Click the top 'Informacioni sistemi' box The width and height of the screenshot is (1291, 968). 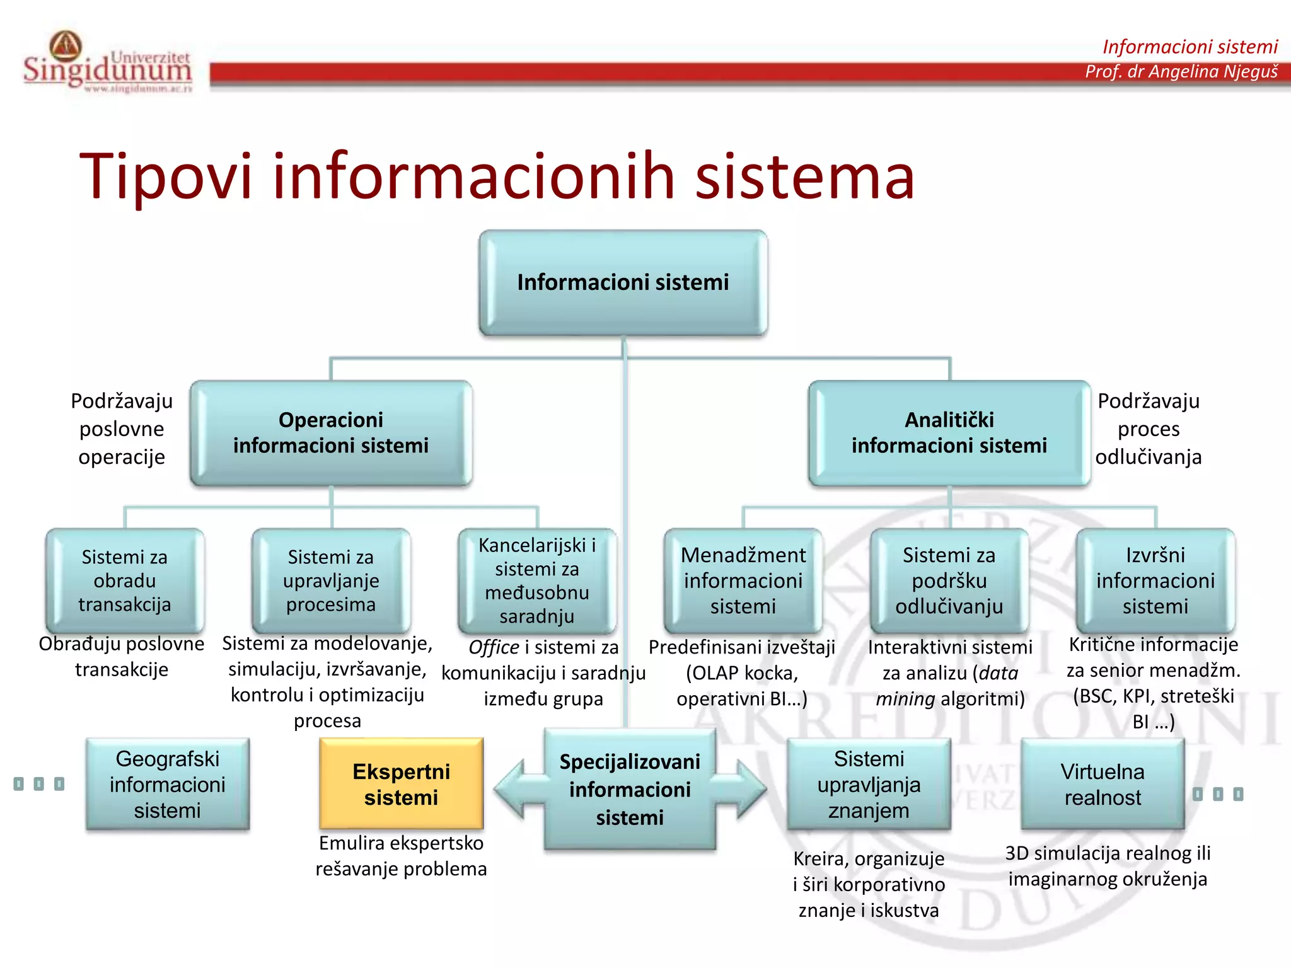pos(623,282)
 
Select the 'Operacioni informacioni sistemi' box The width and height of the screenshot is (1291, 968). pos(331,433)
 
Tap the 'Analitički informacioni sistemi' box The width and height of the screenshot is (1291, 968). pos(949,433)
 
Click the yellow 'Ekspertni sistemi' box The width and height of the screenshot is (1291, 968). pos(401,784)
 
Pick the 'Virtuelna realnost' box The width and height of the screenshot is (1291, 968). pos(1103,784)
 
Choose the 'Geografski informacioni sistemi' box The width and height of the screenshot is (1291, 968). pos(168,784)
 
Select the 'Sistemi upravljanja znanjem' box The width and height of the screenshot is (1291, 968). pos(869,784)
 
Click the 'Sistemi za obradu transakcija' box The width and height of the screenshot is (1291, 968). pos(125,580)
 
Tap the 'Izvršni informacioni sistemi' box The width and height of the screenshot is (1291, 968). pos(1155,580)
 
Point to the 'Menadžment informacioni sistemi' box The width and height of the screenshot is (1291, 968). pos(743,580)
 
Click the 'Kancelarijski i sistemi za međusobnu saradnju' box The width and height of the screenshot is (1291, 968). pos(537,580)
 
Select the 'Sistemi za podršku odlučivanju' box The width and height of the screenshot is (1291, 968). pos(949,580)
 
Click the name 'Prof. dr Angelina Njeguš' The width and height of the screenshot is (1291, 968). pos(1181,71)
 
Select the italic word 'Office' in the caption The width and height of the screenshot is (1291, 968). pos(494,647)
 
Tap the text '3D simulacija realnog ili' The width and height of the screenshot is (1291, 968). pos(1108,853)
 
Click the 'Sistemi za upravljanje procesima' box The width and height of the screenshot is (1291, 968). pos(331,580)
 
